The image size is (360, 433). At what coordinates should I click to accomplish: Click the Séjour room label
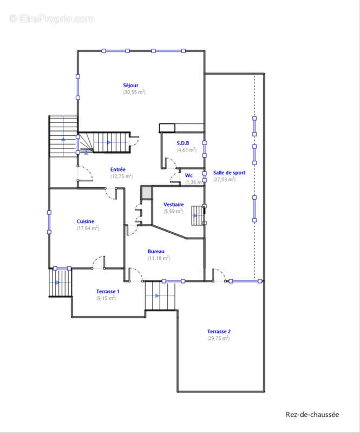130,86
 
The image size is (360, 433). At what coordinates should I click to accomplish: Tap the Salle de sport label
229,173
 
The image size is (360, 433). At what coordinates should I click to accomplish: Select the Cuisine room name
86,221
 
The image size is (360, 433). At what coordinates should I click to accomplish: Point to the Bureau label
156,251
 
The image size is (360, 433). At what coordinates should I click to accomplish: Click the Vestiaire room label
174,205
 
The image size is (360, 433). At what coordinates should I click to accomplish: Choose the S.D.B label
183,143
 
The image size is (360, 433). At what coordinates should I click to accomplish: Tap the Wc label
189,175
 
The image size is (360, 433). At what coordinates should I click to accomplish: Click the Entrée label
117,169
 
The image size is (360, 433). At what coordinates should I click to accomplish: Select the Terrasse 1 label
108,291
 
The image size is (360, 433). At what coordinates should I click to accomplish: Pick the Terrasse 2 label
219,331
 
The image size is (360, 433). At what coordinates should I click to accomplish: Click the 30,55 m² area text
134,92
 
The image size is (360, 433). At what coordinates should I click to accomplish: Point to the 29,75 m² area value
219,338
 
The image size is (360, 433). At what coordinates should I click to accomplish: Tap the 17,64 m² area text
88,228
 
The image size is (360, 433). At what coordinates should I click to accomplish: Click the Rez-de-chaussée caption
312,415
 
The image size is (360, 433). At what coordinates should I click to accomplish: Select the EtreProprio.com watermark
51,19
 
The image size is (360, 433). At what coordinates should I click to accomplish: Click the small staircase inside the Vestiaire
197,215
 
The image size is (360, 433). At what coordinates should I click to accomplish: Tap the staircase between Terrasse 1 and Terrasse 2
160,296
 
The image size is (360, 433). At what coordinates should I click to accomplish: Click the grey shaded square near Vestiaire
146,193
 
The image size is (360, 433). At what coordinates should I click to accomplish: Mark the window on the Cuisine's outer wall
49,222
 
